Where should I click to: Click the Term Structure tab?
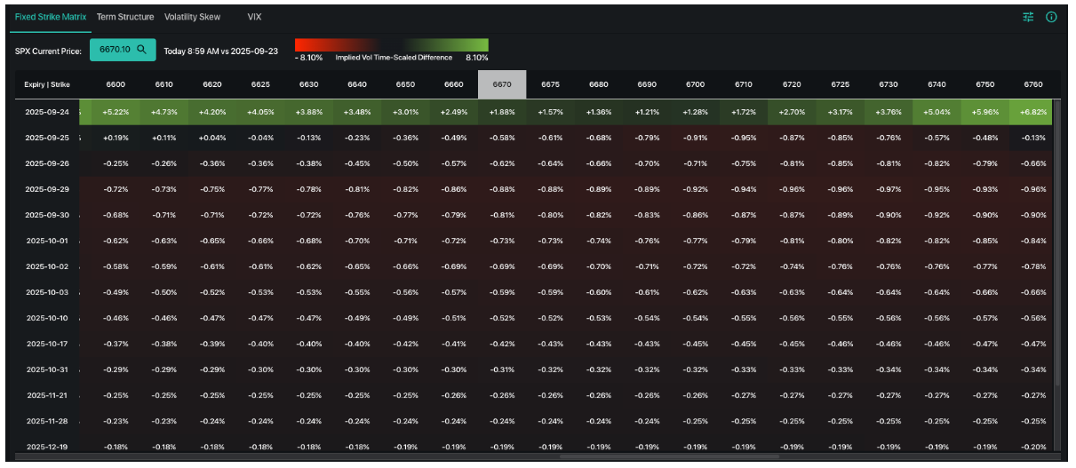125,17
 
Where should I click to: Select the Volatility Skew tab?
192,17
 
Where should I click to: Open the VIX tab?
254,17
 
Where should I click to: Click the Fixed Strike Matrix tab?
50,17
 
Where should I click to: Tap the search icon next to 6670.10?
141,50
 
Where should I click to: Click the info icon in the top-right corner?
1051,17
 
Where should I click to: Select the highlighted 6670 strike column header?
502,84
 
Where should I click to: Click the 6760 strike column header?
1032,84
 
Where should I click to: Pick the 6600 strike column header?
116,84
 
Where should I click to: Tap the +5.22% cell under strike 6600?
116,112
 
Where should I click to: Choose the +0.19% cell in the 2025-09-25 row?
116,138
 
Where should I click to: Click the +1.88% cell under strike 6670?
502,112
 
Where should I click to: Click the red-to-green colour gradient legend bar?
391,44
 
